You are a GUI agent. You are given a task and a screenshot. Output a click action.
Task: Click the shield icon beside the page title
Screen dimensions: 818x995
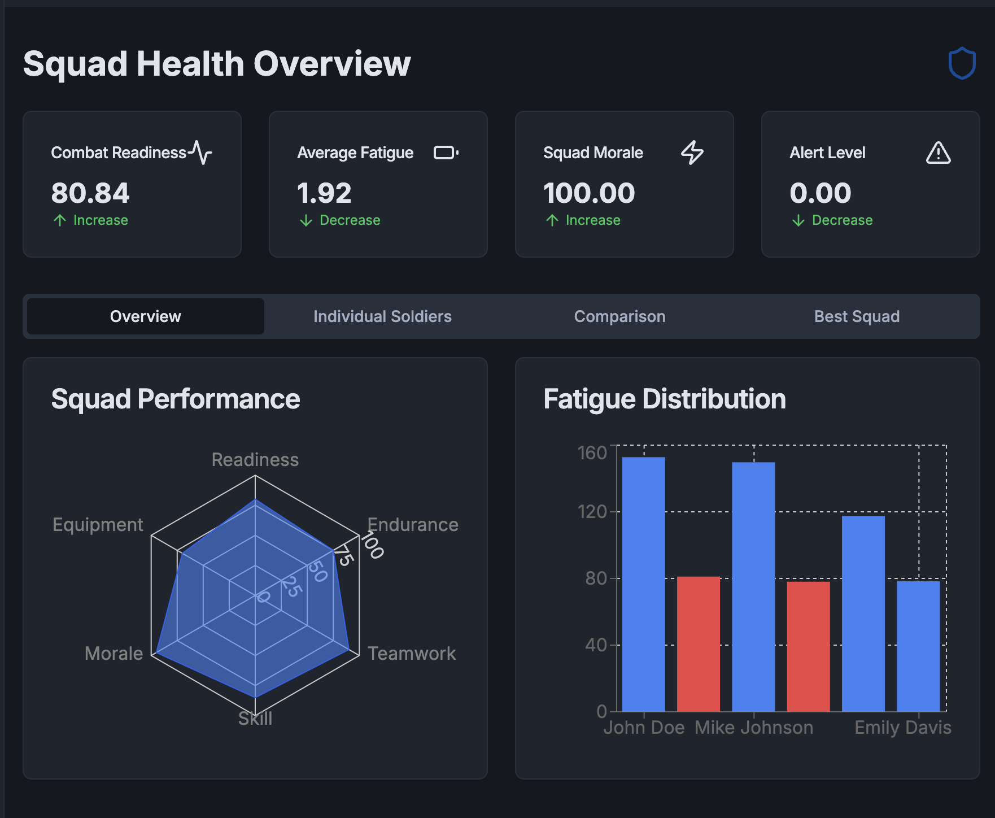click(962, 63)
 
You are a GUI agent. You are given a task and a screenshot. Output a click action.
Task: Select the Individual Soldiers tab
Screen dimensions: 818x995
click(382, 316)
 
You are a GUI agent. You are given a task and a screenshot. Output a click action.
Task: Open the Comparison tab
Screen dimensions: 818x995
click(619, 316)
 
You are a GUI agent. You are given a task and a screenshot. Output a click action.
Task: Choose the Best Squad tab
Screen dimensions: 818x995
click(857, 316)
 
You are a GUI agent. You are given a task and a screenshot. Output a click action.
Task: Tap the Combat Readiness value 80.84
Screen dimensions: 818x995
click(90, 193)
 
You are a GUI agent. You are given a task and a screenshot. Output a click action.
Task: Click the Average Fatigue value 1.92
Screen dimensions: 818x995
click(325, 193)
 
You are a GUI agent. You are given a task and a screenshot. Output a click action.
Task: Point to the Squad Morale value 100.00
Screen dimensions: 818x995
click(589, 193)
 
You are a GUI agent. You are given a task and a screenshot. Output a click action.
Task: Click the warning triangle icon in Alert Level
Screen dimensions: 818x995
click(938, 153)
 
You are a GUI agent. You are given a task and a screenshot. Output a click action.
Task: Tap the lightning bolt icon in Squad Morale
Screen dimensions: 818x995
click(692, 153)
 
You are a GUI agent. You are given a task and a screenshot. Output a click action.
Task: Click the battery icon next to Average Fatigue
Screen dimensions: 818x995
click(446, 153)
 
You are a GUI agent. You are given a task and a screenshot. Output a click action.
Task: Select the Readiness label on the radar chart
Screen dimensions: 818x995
click(255, 460)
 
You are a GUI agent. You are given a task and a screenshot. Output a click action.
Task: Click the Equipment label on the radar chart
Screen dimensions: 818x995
click(98, 525)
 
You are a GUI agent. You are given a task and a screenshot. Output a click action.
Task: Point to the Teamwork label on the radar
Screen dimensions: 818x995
click(412, 654)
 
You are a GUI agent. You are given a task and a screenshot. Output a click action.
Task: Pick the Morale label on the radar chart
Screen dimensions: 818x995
click(114, 654)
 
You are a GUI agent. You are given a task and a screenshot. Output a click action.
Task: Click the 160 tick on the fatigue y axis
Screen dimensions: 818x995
click(592, 452)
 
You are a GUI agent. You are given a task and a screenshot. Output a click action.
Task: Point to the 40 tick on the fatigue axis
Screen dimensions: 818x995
click(596, 645)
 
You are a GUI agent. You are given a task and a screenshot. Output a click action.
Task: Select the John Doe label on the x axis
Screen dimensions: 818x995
click(644, 728)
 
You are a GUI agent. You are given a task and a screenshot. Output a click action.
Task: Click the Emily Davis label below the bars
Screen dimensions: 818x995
click(902, 728)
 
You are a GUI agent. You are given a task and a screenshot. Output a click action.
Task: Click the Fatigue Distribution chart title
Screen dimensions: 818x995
click(665, 399)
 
